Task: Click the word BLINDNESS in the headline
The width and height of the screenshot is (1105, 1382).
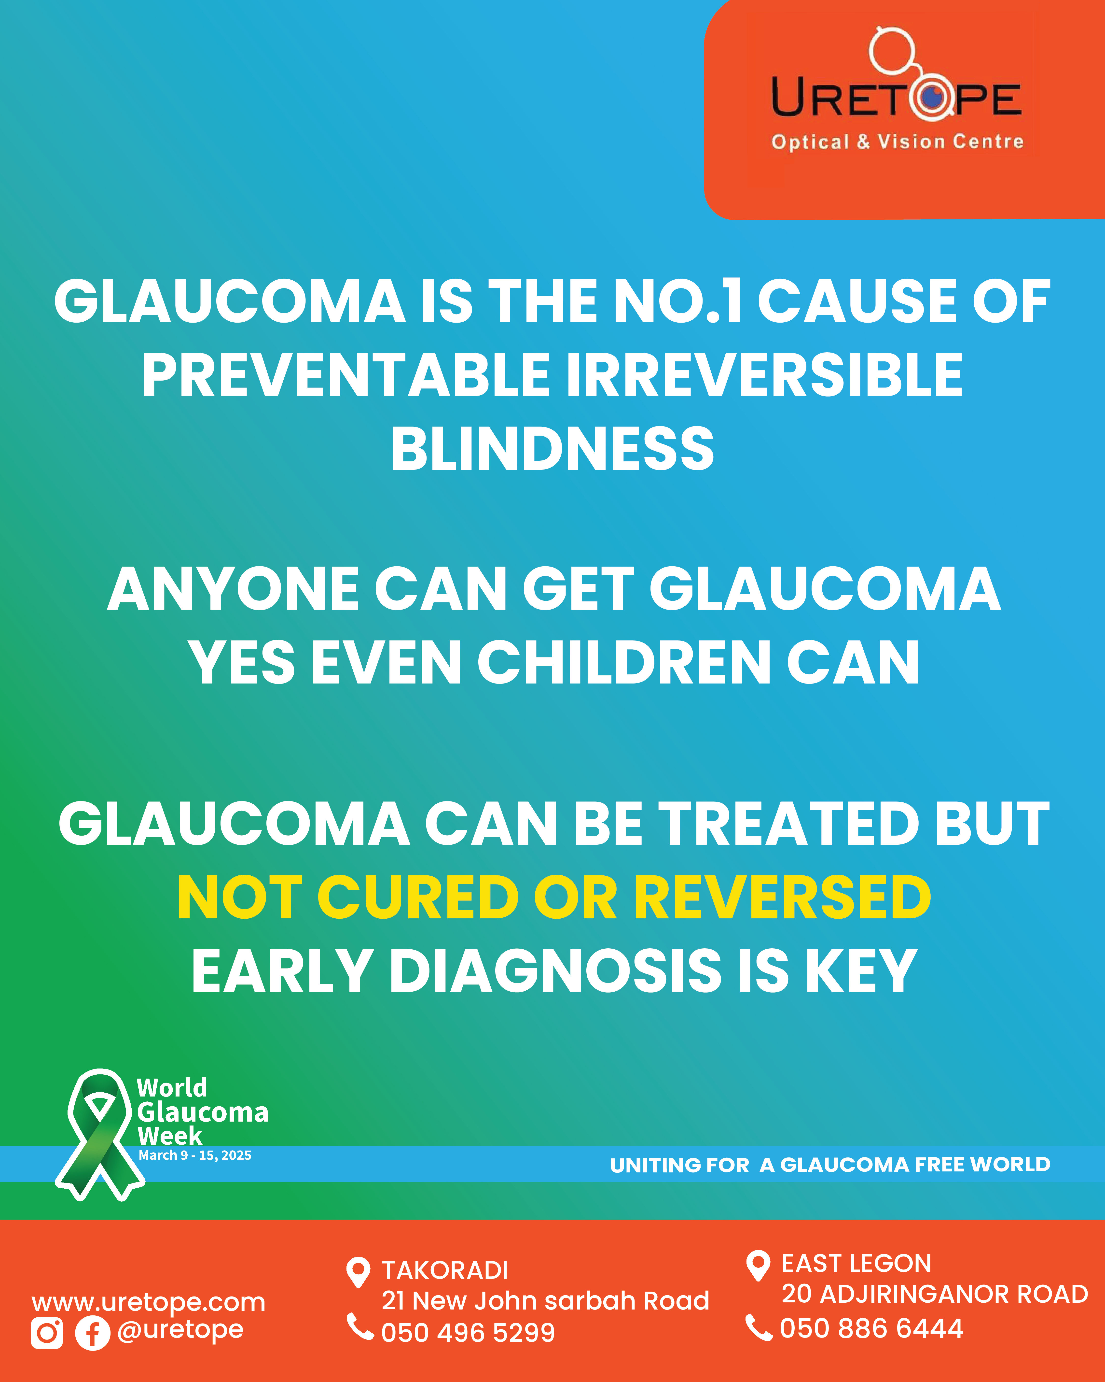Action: [x=552, y=449]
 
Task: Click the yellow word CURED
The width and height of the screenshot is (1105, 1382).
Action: [x=418, y=898]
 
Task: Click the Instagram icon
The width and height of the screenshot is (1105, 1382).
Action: [x=47, y=1333]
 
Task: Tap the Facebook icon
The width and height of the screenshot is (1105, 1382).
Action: [x=93, y=1333]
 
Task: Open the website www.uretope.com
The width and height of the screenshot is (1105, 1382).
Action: [x=149, y=1302]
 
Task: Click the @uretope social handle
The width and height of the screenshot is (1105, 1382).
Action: [x=180, y=1330]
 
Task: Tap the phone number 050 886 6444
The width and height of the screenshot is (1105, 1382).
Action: [x=871, y=1328]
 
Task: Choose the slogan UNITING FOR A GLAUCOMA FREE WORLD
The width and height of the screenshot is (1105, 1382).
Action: [x=830, y=1165]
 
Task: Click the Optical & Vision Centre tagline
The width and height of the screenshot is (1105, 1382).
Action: [x=898, y=142]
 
